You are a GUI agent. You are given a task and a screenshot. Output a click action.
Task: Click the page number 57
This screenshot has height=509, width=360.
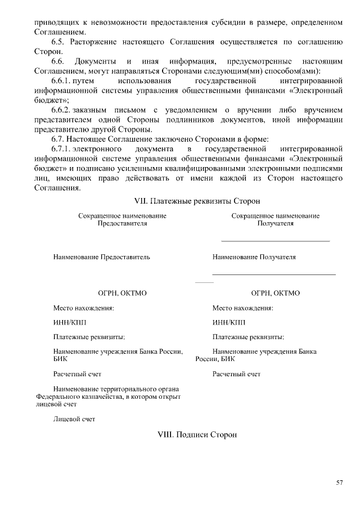(x=339, y=483)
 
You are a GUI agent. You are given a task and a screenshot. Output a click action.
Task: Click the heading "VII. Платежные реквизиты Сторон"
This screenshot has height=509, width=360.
(x=179, y=201)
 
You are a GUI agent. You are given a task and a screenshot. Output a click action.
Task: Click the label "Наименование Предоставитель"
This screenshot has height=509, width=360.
(x=102, y=257)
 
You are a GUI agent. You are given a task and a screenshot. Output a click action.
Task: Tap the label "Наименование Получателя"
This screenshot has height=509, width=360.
(x=254, y=257)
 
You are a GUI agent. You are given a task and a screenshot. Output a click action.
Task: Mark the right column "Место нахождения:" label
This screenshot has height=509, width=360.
(x=243, y=308)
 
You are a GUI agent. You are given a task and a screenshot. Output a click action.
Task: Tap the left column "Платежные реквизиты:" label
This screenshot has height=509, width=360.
(x=89, y=337)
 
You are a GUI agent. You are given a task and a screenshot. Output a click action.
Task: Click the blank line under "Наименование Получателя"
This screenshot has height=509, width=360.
(x=273, y=274)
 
